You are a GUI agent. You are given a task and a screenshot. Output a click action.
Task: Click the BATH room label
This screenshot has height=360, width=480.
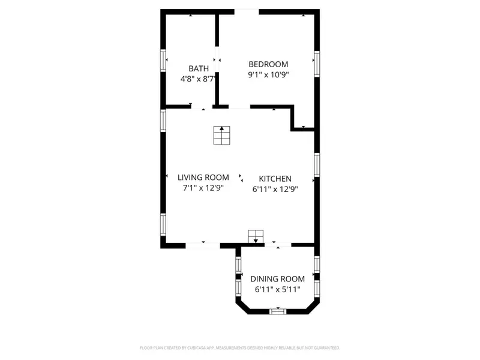click(x=199, y=68)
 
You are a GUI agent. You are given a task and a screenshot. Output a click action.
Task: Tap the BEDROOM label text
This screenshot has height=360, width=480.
click(x=268, y=64)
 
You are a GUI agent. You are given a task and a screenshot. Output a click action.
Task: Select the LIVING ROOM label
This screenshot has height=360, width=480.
click(x=203, y=178)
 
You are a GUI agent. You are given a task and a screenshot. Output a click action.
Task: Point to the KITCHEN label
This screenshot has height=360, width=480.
click(x=275, y=179)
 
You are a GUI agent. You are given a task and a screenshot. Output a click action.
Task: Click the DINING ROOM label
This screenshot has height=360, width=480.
click(x=277, y=279)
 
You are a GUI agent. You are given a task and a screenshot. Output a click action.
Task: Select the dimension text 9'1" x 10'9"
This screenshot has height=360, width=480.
click(x=268, y=75)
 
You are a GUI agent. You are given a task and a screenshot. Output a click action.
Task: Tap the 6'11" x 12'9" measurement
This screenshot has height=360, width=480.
click(x=275, y=189)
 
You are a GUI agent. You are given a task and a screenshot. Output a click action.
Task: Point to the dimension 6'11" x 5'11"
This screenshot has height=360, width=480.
click(x=277, y=290)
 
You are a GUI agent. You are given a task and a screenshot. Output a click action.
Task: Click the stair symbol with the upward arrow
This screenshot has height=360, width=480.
click(x=221, y=136)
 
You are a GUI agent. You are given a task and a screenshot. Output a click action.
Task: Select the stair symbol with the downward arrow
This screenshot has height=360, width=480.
click(x=256, y=236)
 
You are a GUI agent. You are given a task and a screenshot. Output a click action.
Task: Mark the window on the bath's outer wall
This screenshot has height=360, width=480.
click(x=163, y=61)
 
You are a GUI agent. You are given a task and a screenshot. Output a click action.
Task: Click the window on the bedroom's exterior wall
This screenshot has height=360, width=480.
click(x=316, y=63)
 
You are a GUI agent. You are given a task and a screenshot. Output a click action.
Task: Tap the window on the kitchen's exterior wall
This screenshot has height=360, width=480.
click(x=316, y=164)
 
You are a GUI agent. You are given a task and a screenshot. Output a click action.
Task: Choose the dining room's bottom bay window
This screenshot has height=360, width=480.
click(x=277, y=311)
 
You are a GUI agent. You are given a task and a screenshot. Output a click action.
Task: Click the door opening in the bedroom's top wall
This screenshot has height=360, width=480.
click(x=247, y=11)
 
